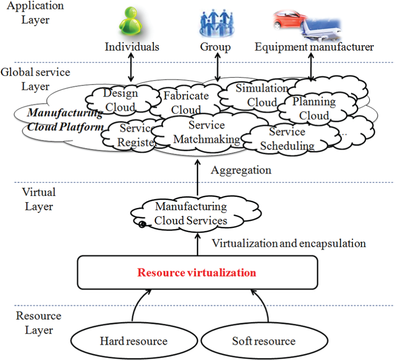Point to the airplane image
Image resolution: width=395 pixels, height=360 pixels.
coord(321,30)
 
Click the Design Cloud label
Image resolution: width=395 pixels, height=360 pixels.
coord(121,100)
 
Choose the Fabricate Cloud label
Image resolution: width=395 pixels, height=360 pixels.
coord(186,103)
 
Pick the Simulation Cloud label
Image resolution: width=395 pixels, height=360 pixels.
coord(262,95)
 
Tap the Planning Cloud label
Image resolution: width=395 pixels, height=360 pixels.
coord(314,108)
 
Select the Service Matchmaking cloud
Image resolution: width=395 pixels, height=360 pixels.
coord(207,132)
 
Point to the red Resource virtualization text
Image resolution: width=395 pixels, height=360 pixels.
coord(197,273)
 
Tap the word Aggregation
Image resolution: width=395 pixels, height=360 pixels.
coord(241,170)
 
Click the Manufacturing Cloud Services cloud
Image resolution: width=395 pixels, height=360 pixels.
coord(196,213)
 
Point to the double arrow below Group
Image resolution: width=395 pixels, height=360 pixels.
coord(218,67)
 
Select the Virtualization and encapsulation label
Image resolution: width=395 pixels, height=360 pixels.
coord(289,244)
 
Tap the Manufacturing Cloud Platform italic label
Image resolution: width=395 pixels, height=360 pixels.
coord(65,120)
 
